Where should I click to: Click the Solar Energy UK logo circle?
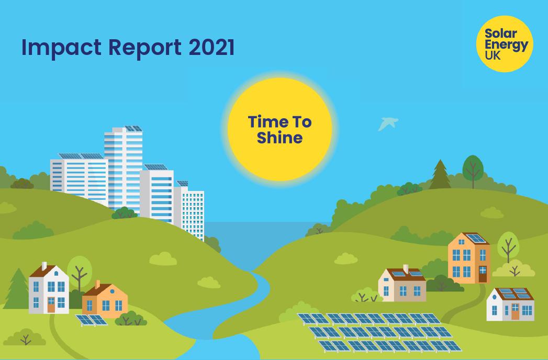pyautogui.click(x=505, y=44)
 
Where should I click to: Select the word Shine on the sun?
pyautogui.click(x=279, y=138)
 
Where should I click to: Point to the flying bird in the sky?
pyautogui.click(x=387, y=123)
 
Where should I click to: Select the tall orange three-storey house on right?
pyautogui.click(x=468, y=260)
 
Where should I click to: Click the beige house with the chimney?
pyautogui.click(x=402, y=286)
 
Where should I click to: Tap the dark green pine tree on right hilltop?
pyautogui.click(x=440, y=175)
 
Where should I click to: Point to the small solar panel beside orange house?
pyautogui.click(x=91, y=320)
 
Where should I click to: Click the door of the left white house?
pyautogui.click(x=51, y=306)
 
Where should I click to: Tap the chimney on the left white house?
pyautogui.click(x=44, y=266)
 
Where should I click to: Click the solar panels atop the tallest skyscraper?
pyautogui.click(x=133, y=128)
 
